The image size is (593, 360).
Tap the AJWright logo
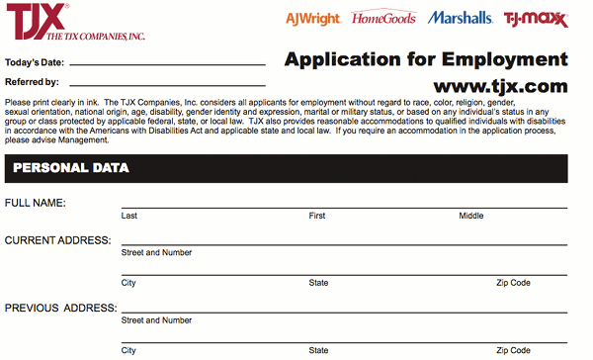(x=312, y=18)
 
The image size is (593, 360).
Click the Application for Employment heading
(x=426, y=58)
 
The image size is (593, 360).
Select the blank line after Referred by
(x=168, y=83)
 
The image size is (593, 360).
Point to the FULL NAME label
(x=36, y=203)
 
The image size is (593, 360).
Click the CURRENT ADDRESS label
(x=57, y=240)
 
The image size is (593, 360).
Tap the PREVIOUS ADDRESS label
(x=59, y=308)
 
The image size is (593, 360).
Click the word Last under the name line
(x=128, y=216)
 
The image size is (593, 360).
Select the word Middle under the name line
(x=470, y=216)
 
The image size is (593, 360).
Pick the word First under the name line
(x=317, y=216)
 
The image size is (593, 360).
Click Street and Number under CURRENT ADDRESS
(x=156, y=252)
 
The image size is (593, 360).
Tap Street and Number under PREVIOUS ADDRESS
(x=156, y=320)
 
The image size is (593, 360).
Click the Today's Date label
(x=34, y=62)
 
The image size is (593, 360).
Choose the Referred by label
(x=32, y=82)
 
